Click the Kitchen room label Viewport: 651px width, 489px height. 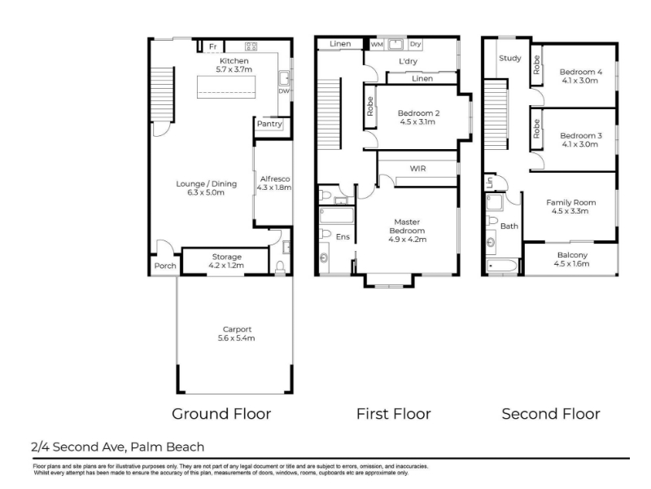click(234, 60)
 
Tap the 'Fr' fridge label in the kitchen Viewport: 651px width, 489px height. click(213, 46)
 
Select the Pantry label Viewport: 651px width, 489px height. click(269, 124)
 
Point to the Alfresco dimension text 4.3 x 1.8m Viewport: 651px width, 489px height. click(274, 187)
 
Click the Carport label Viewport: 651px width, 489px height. click(237, 329)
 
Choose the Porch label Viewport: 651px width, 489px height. click(165, 266)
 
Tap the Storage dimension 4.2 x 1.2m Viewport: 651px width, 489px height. click(226, 266)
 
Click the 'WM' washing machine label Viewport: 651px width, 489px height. click(377, 44)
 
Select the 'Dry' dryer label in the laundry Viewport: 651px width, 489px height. click(416, 44)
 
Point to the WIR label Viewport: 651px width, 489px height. click(417, 169)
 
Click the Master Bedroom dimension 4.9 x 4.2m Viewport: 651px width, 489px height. click(408, 239)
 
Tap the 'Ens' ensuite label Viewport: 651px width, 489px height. click(343, 236)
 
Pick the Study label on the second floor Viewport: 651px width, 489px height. click(510, 58)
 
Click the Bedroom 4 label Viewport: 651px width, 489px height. click(580, 72)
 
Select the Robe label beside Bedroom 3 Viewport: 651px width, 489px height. click(536, 129)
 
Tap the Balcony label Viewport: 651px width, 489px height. click(572, 255)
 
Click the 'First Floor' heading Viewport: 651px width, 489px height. click(394, 414)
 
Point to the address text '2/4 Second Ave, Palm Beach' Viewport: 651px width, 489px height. click(117, 447)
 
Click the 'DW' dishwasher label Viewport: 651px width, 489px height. click(284, 90)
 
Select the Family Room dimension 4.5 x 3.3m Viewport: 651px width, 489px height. click(570, 211)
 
